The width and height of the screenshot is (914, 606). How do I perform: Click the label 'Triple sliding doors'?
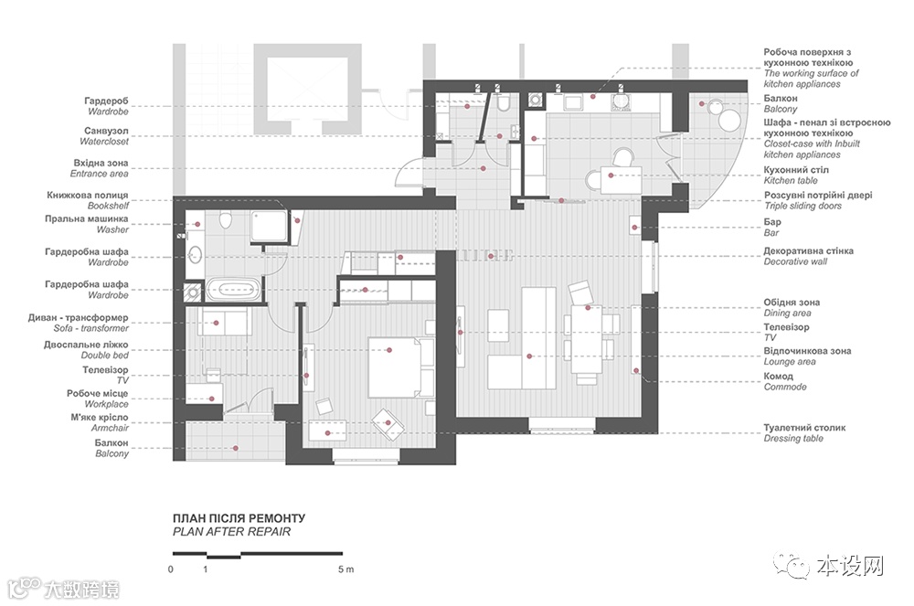(x=802, y=206)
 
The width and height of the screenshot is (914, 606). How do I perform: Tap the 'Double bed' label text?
(x=104, y=355)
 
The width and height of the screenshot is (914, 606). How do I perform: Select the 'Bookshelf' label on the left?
(x=108, y=206)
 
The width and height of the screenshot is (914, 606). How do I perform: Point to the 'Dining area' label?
(x=787, y=313)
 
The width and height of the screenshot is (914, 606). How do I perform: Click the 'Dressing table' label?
(x=793, y=438)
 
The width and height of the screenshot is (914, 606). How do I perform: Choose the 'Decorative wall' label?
(x=795, y=261)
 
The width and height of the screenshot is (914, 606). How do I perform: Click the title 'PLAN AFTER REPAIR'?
(x=231, y=531)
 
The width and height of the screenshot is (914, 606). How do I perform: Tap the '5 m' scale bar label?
(x=345, y=569)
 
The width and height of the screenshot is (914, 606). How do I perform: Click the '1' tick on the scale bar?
(x=205, y=569)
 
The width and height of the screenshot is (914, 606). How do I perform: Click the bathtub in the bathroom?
(x=233, y=289)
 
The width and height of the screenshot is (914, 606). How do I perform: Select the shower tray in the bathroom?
(x=270, y=226)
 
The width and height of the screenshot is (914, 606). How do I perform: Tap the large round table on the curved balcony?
(x=728, y=121)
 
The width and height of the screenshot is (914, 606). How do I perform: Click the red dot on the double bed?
(x=389, y=350)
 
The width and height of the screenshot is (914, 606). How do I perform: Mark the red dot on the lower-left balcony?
(x=236, y=448)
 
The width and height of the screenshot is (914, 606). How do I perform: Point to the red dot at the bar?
(x=635, y=228)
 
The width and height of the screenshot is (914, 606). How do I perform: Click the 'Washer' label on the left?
(x=112, y=229)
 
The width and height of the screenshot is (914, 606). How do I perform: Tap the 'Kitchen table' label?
(x=791, y=181)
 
